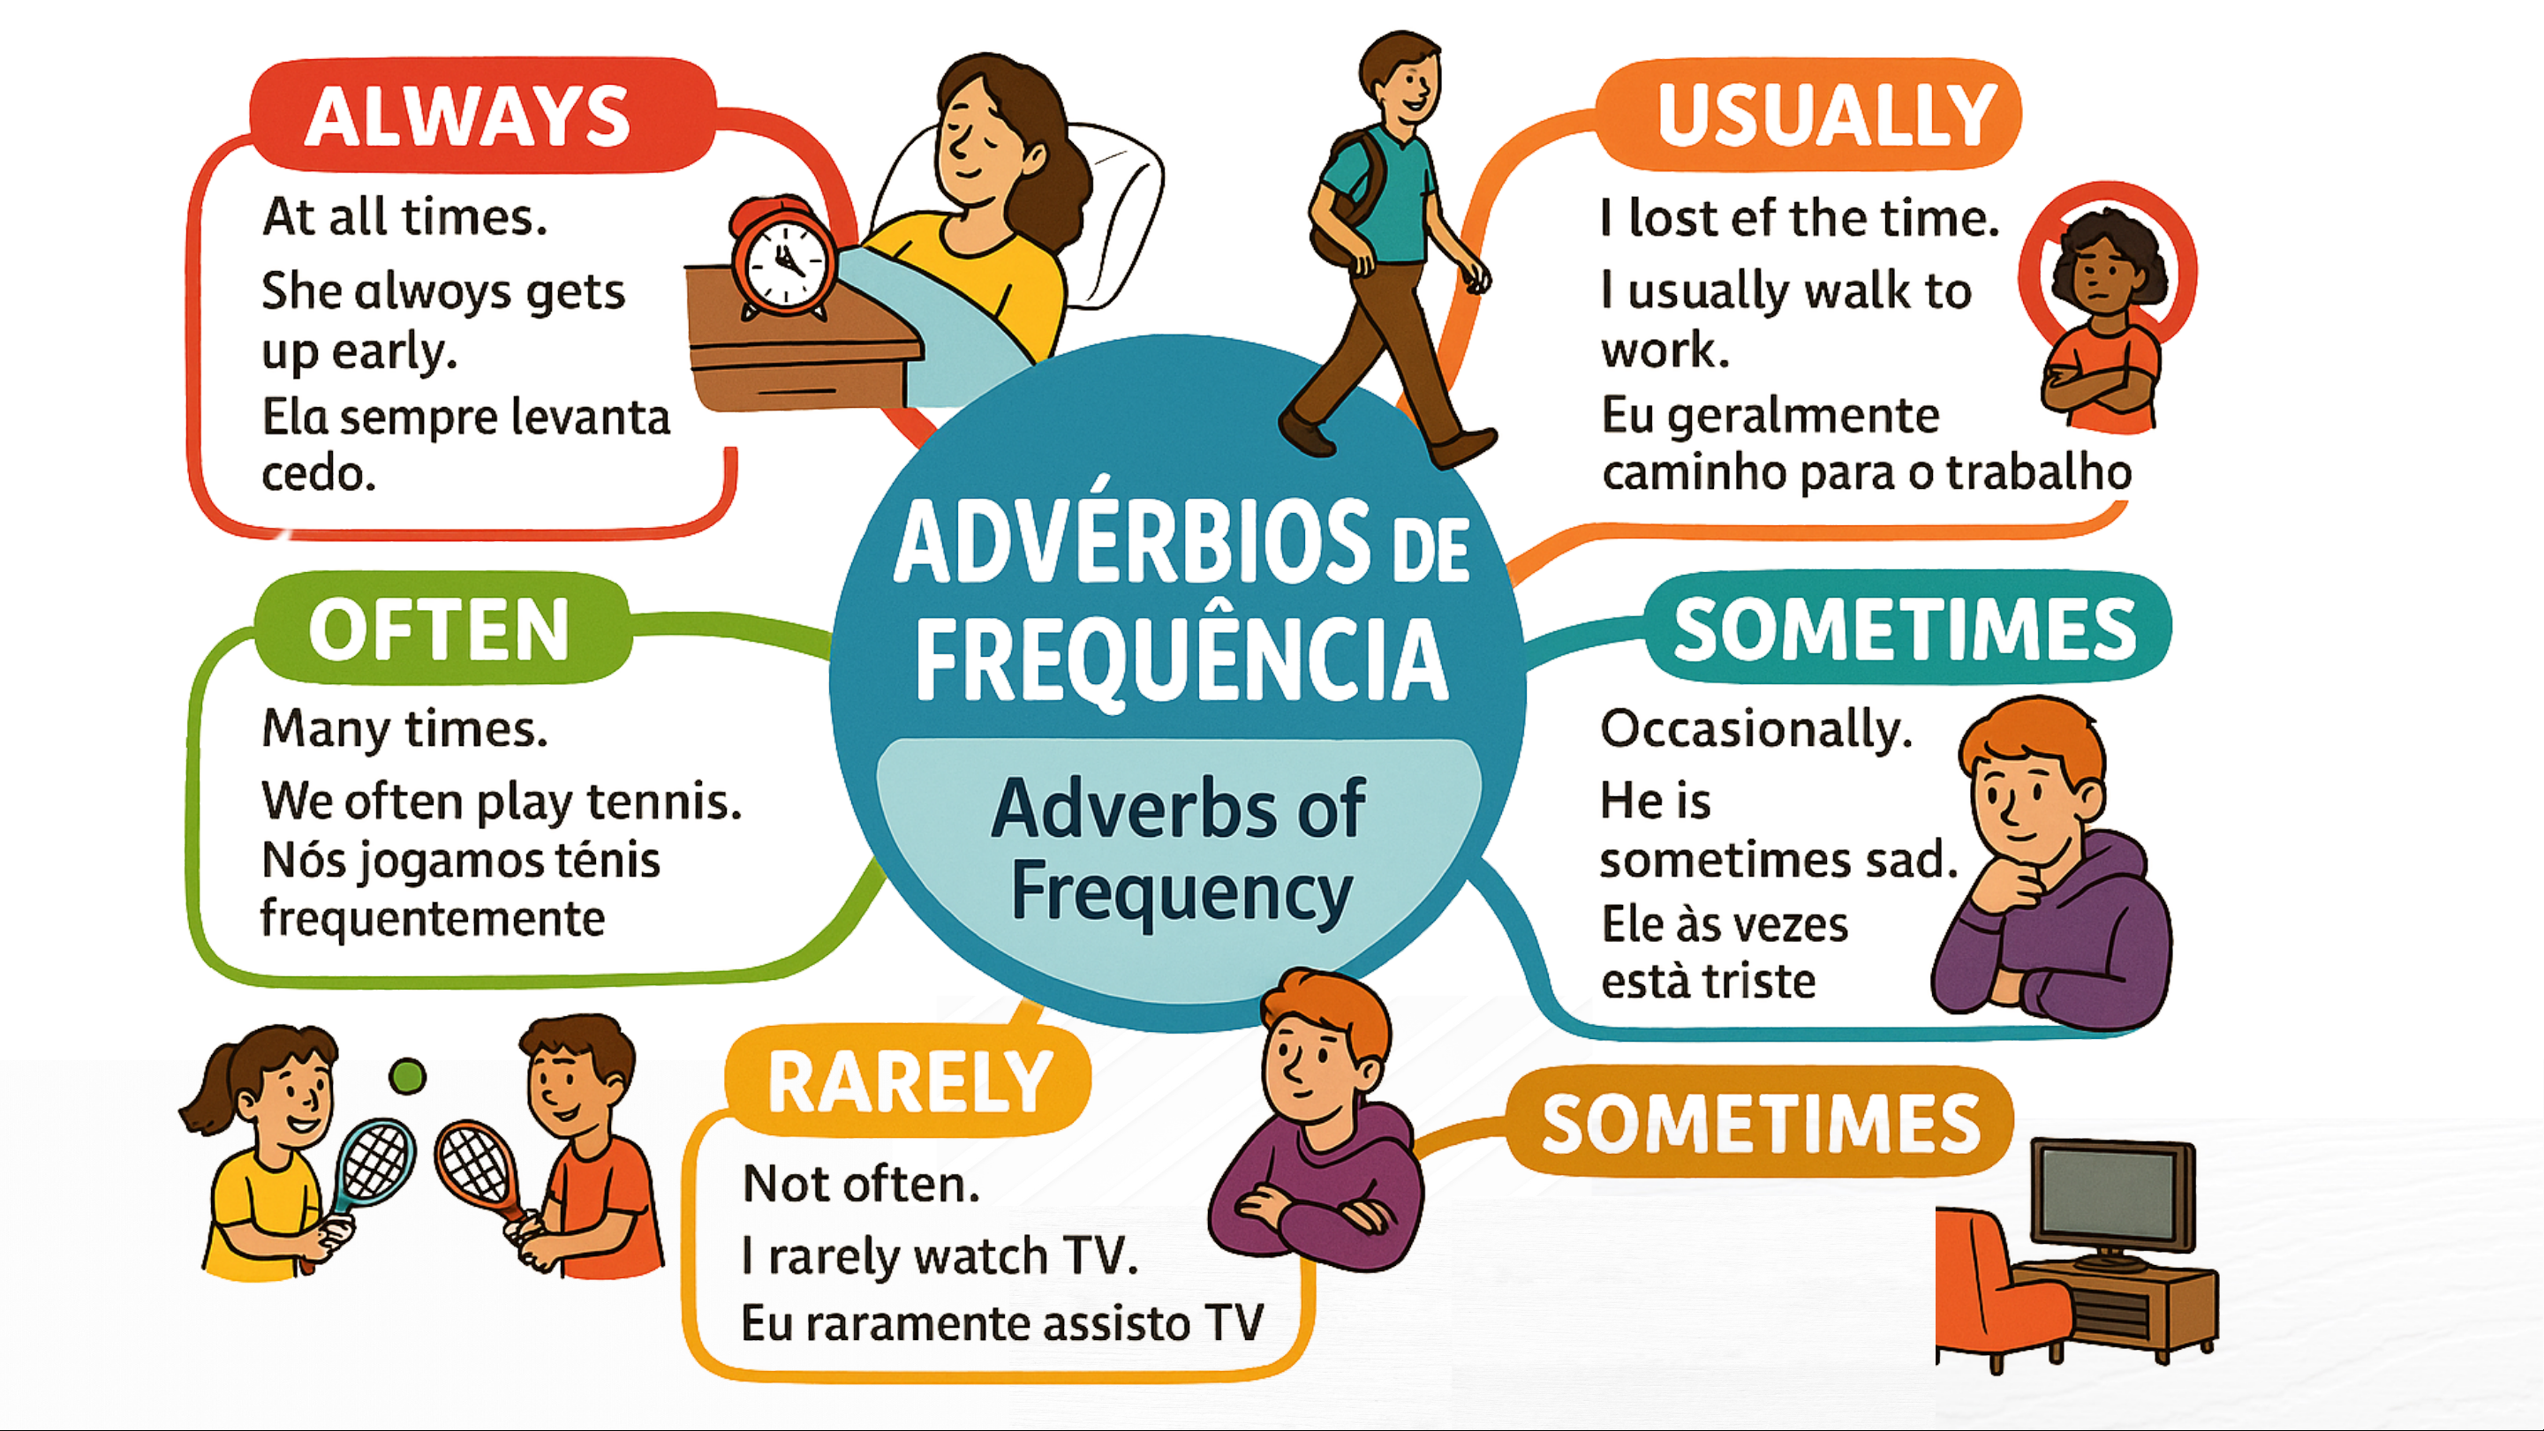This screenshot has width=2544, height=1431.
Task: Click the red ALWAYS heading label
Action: click(483, 115)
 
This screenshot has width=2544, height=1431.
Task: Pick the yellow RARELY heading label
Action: click(909, 1083)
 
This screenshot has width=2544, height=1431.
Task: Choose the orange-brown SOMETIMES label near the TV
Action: click(1760, 1123)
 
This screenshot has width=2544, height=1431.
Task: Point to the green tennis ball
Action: click(407, 1075)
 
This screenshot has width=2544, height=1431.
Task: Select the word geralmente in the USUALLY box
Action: click(1803, 417)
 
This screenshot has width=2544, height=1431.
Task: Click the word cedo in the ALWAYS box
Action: click(318, 474)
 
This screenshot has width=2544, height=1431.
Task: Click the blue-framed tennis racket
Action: click(367, 1175)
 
